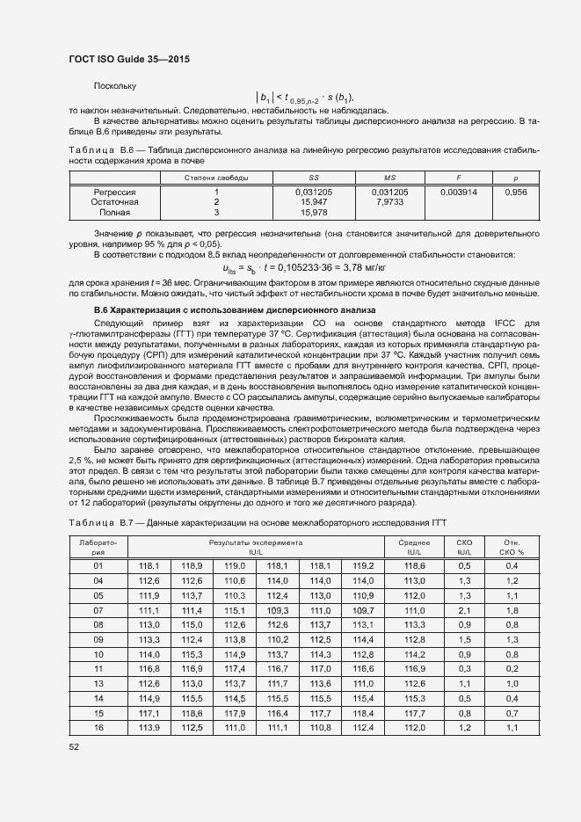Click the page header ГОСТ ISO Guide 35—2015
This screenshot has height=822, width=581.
pos(129,59)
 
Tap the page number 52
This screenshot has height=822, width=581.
pos(75,746)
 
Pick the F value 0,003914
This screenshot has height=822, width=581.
pos(458,191)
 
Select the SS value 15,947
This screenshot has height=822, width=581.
pos(314,201)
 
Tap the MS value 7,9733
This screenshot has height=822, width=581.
pos(389,201)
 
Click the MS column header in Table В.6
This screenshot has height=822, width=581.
pos(389,178)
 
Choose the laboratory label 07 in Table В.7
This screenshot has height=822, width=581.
pos(98,610)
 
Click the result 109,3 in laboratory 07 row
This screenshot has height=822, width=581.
pos(278,610)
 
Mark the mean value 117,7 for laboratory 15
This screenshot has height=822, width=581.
pos(414,713)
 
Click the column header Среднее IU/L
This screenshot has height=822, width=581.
pos(414,548)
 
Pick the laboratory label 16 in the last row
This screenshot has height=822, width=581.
pos(98,728)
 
